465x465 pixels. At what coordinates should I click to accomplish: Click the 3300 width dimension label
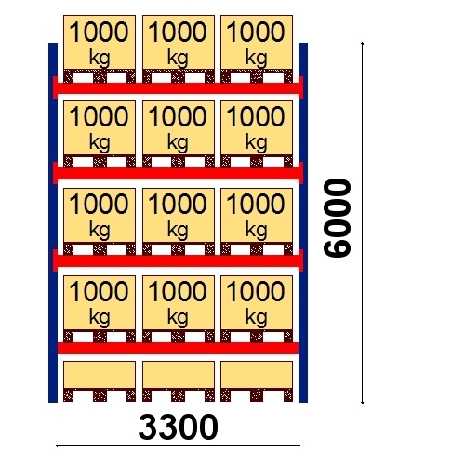[178, 427]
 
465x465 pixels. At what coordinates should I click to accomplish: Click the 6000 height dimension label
[337, 218]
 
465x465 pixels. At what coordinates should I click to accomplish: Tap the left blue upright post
[53, 222]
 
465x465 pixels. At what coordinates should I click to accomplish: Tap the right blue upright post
[303, 222]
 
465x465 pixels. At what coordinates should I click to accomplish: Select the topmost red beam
[178, 88]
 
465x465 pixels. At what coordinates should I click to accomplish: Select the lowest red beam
[178, 348]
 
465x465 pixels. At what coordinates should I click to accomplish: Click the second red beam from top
[178, 174]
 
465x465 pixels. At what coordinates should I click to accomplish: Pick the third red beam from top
[178, 260]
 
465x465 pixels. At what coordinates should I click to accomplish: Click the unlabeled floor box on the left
[100, 375]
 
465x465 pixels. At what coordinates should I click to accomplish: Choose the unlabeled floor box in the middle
[179, 375]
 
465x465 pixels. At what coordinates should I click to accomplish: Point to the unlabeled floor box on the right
[257, 375]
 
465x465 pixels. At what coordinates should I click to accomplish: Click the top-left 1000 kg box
[100, 43]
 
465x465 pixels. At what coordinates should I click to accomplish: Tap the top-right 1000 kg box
[257, 43]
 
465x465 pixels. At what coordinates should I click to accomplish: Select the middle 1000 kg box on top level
[179, 43]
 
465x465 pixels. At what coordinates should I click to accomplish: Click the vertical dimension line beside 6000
[362, 222]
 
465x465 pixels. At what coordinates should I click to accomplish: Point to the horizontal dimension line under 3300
[178, 446]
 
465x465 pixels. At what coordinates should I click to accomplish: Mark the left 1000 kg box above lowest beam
[100, 303]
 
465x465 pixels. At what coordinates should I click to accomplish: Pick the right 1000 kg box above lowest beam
[257, 303]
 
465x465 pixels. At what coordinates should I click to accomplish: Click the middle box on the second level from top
[179, 127]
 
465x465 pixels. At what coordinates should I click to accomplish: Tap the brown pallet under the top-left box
[100, 76]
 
